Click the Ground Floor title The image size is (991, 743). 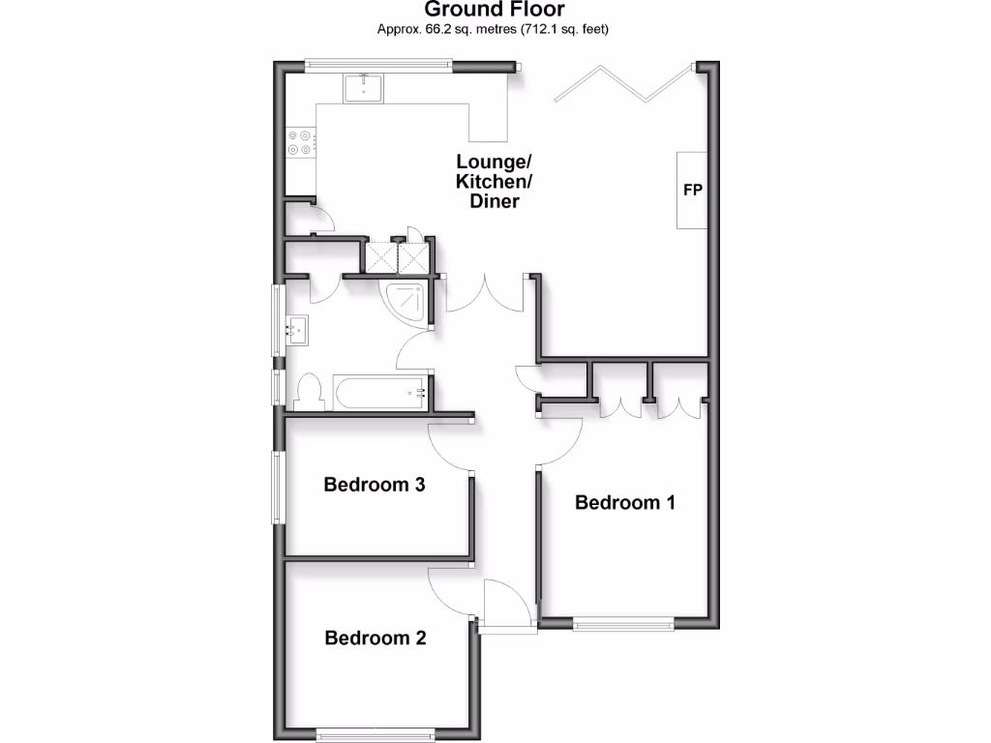[494, 11]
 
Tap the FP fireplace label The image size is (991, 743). [692, 190]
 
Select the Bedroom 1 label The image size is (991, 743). [624, 502]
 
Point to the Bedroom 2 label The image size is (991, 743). [375, 638]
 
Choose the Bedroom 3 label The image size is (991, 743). [375, 485]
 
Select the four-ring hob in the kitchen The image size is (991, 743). [301, 142]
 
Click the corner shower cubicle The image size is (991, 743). [406, 300]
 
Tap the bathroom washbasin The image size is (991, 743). [296, 331]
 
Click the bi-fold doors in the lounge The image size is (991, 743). [624, 82]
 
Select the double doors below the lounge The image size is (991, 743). [485, 294]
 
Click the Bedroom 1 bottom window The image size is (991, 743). [622, 624]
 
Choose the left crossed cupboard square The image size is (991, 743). [378, 256]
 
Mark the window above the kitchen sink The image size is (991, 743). [377, 66]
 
